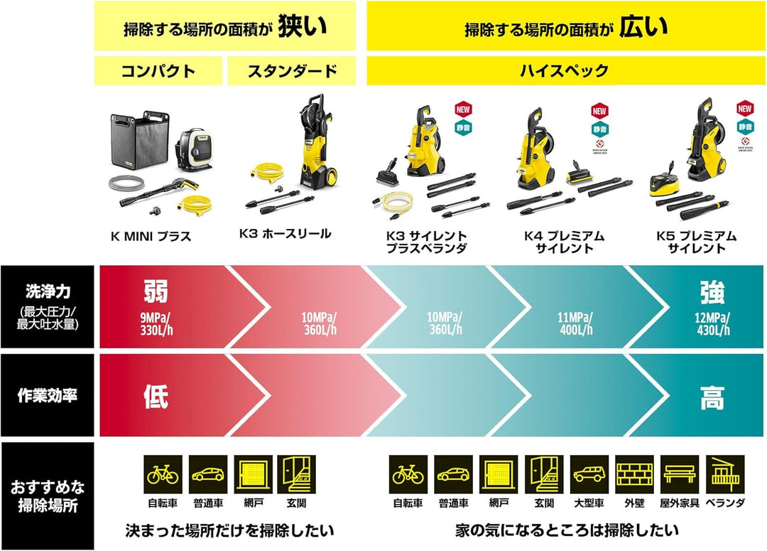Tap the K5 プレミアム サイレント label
click(x=699, y=242)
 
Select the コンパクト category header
click(x=158, y=71)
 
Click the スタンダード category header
click(x=291, y=71)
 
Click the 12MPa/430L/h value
click(x=712, y=323)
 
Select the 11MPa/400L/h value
click(x=576, y=323)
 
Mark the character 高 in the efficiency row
click(x=712, y=397)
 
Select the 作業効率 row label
click(x=47, y=396)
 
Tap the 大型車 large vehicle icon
click(x=589, y=475)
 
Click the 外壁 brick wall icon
click(x=633, y=475)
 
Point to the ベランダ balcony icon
click(x=725, y=475)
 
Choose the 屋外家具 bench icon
click(x=680, y=475)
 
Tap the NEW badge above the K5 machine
click(x=744, y=109)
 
